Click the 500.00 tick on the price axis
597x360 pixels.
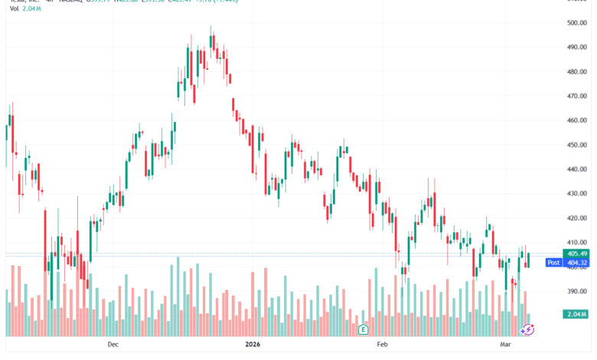pyautogui.click(x=576, y=23)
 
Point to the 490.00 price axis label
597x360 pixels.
pyautogui.click(x=576, y=47)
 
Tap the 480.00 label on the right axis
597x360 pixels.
pyautogui.click(x=576, y=72)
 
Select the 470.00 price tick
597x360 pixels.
pyautogui.click(x=576, y=97)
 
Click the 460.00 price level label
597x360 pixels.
pyautogui.click(x=576, y=120)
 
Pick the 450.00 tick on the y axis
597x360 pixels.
pyautogui.click(x=576, y=145)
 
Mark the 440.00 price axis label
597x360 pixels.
pyautogui.click(x=576, y=169)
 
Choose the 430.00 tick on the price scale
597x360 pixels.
pyautogui.click(x=576, y=194)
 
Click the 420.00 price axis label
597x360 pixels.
pyautogui.click(x=576, y=218)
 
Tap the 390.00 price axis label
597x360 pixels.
pyautogui.click(x=576, y=291)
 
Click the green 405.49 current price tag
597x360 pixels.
pyautogui.click(x=576, y=254)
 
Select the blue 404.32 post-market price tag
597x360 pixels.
pyautogui.click(x=576, y=263)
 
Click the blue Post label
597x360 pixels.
pyautogui.click(x=553, y=263)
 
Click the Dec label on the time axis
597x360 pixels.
pyautogui.click(x=113, y=345)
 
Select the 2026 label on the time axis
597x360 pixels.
pyautogui.click(x=253, y=345)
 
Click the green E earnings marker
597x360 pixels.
pyautogui.click(x=364, y=329)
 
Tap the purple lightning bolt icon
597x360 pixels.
pyautogui.click(x=527, y=329)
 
